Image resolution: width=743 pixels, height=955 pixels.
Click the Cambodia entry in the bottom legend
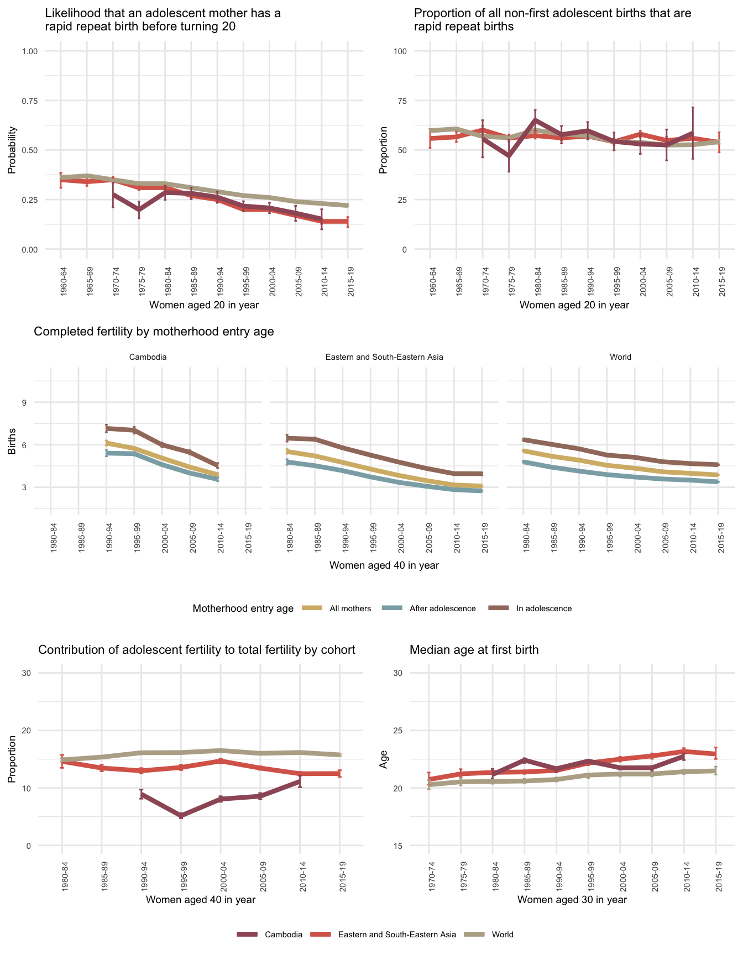click(x=283, y=935)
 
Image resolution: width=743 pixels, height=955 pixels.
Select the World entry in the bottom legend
click(x=502, y=935)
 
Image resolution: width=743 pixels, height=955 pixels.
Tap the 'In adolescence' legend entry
click(x=543, y=608)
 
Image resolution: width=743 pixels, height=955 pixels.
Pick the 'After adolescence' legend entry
click(x=442, y=608)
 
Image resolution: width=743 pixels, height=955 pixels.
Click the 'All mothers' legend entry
click(x=350, y=608)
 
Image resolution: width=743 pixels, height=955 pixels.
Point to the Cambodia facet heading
click(x=148, y=357)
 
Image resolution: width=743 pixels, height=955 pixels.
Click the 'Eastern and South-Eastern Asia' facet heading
click(x=384, y=357)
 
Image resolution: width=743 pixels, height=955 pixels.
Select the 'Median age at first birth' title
click(x=474, y=650)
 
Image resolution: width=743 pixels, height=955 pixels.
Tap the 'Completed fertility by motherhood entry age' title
click(x=154, y=332)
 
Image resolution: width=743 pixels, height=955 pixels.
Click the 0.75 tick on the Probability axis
click(x=30, y=101)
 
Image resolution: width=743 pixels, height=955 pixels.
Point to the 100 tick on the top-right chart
click(x=400, y=51)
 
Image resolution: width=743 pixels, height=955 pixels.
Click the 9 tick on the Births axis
click(x=24, y=402)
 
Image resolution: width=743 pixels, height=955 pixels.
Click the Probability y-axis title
click(x=12, y=150)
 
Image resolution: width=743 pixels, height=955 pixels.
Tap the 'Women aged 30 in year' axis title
click(x=572, y=900)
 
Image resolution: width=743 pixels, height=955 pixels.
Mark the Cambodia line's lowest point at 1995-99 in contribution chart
click(x=181, y=816)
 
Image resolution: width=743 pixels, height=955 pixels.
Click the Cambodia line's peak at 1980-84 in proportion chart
click(x=535, y=119)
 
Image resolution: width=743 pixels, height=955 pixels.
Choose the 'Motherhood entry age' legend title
click(x=243, y=608)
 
